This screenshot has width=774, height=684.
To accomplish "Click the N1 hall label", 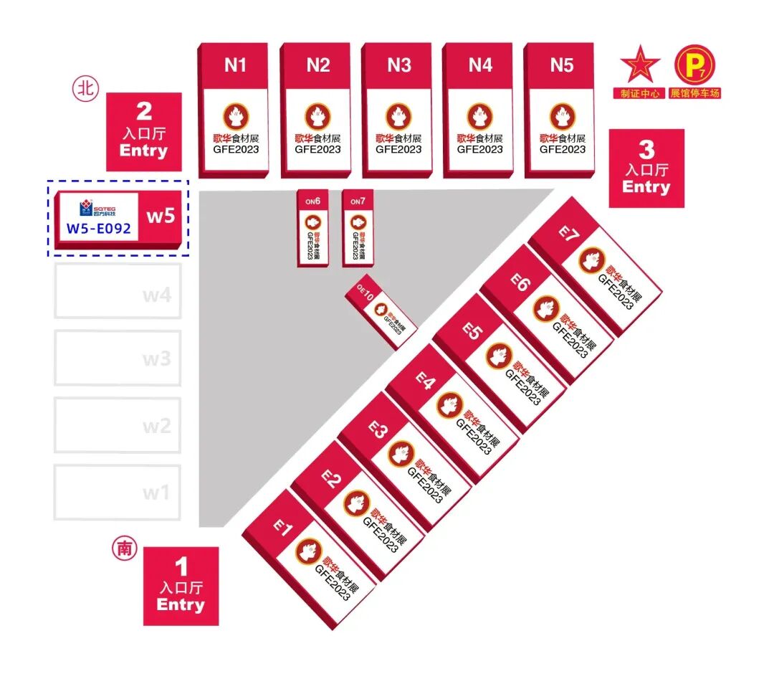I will click(235, 65).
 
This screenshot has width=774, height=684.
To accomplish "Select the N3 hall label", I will click(399, 65).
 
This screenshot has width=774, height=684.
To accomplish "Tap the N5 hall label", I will click(562, 65).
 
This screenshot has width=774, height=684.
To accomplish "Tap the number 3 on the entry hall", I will click(646, 149).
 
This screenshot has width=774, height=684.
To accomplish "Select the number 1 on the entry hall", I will click(181, 567).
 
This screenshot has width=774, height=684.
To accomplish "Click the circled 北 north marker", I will click(85, 89).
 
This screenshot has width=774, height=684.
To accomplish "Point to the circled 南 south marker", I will click(124, 548).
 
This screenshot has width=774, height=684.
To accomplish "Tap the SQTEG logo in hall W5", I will click(98, 209).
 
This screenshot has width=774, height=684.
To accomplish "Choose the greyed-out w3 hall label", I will click(156, 358).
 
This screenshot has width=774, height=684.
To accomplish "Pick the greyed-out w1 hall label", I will click(156, 493).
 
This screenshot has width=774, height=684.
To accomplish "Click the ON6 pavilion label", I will click(312, 201).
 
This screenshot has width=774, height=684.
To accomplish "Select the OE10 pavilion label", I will click(365, 293).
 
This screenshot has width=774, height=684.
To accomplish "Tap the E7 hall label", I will click(568, 234).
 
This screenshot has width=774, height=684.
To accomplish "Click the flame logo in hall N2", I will click(317, 116).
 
